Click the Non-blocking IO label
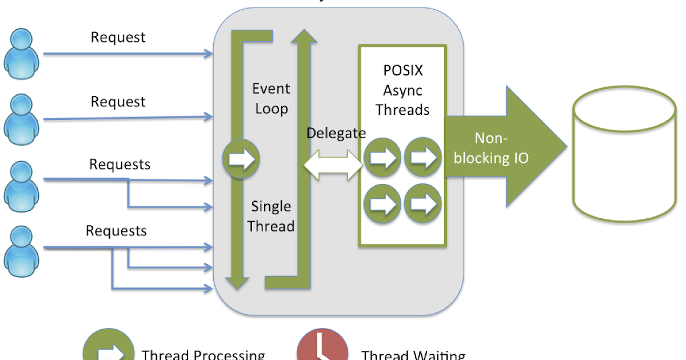pyautogui.click(x=491, y=148)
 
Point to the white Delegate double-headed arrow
pyautogui.click(x=333, y=164)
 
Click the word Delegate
pyautogui.click(x=336, y=133)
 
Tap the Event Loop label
pyautogui.click(x=272, y=98)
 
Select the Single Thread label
pyautogui.click(x=272, y=216)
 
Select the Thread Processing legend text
pyautogui.click(x=203, y=355)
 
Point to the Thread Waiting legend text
pyautogui.click(x=413, y=355)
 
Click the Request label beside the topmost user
pyautogui.click(x=118, y=38)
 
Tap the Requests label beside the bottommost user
pyautogui.click(x=116, y=231)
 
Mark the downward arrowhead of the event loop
pyautogui.click(x=237, y=282)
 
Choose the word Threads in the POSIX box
pyautogui.click(x=403, y=109)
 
